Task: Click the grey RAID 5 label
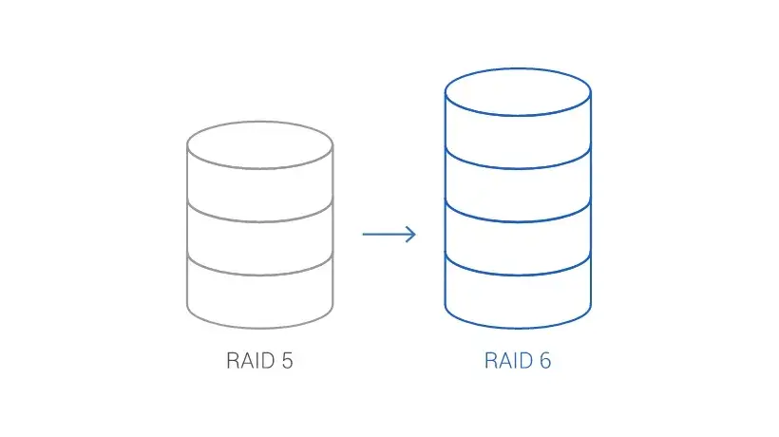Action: [x=259, y=361]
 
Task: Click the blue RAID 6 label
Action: [x=518, y=361]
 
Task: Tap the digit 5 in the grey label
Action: [x=287, y=361]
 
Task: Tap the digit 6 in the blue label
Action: [x=545, y=361]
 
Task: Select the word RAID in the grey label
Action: [x=251, y=361]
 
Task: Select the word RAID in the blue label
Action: [x=509, y=361]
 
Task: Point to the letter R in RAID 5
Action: [x=233, y=361]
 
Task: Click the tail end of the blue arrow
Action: [x=363, y=234]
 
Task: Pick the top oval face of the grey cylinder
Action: [x=260, y=145]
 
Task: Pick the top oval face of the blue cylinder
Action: [x=518, y=92]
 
